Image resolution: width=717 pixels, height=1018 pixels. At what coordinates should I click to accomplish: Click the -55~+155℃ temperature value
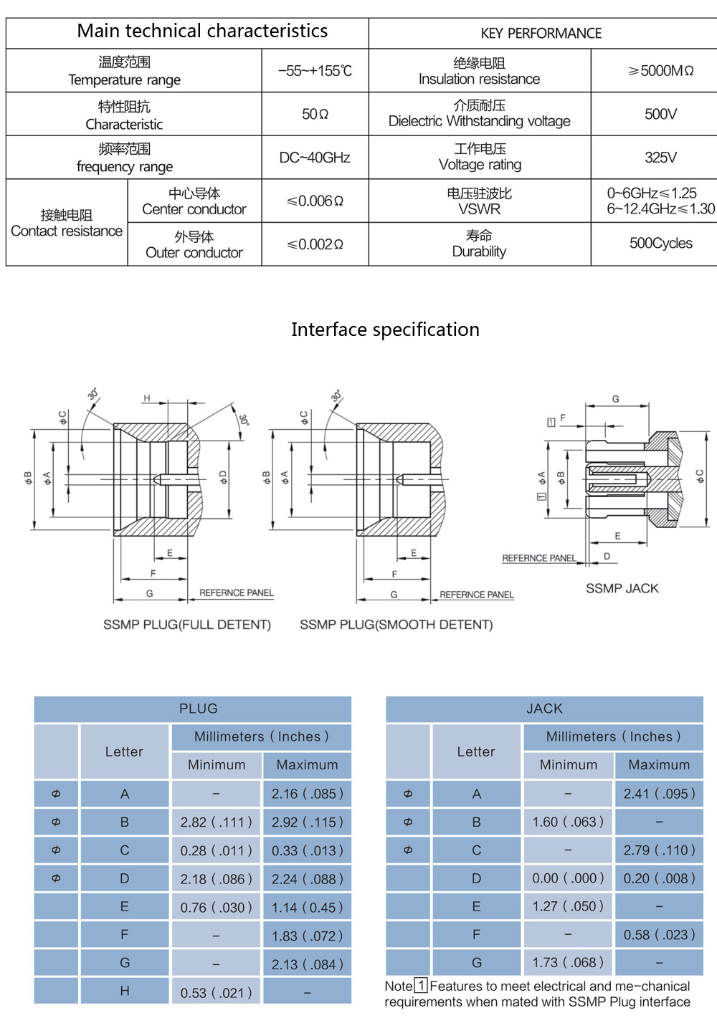[315, 71]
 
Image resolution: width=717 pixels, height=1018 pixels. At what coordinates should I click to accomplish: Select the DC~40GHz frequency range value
[315, 158]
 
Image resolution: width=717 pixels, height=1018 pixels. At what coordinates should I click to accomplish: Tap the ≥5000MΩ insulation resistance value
[660, 71]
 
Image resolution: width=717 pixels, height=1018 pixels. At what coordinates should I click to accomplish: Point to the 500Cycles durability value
[660, 244]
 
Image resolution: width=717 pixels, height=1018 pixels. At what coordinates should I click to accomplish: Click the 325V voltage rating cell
[660, 158]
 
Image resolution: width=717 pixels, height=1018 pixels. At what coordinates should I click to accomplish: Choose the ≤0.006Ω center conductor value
[315, 201]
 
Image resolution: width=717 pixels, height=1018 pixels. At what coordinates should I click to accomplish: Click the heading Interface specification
[385, 330]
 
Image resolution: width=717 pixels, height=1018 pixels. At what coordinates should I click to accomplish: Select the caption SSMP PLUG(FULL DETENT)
[187, 625]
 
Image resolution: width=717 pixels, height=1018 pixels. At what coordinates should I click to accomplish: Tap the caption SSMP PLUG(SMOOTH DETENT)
[397, 625]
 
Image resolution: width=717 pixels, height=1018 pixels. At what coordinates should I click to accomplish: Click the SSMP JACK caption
[622, 588]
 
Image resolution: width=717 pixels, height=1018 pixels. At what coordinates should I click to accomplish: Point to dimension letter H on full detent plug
[147, 398]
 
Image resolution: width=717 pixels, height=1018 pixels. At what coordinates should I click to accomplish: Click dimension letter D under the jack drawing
[607, 556]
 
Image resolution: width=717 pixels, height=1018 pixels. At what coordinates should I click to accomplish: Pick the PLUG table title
[198, 709]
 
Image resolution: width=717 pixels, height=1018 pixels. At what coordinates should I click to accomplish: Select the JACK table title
[544, 709]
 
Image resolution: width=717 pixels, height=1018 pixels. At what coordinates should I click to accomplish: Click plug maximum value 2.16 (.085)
[307, 794]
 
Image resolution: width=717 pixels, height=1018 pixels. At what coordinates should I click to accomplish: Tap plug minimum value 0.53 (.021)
[216, 993]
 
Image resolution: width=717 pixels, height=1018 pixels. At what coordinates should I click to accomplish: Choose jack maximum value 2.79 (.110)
[659, 850]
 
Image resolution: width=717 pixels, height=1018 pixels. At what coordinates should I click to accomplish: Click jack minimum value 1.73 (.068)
[568, 962]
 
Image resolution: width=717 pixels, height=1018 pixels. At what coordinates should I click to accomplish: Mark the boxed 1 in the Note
[421, 986]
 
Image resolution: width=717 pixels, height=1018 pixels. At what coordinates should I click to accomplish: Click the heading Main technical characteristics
[202, 32]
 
